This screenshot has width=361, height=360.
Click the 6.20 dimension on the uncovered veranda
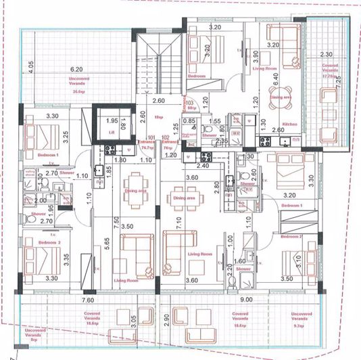76,69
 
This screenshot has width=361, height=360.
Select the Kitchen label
290,125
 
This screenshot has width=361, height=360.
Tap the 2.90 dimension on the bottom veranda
165,319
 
